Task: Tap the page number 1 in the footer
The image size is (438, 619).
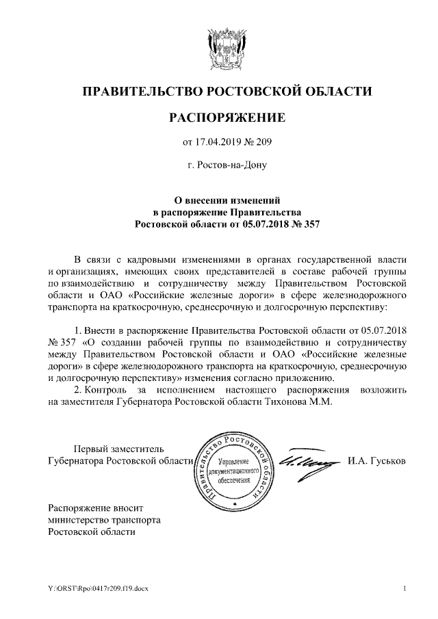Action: tap(405, 588)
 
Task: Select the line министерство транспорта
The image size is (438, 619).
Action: tap(104, 519)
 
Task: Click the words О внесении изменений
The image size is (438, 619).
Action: tap(227, 200)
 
